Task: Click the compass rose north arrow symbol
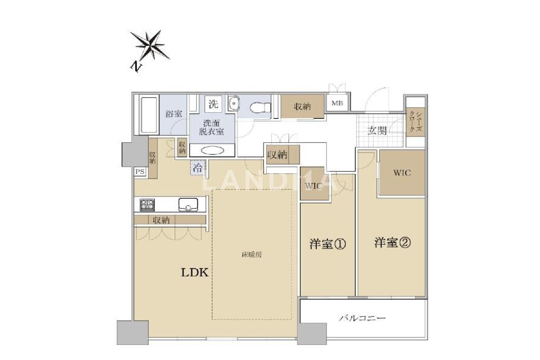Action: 150,45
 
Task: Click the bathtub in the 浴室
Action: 148,115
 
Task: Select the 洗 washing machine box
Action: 213,104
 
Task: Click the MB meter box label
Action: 337,103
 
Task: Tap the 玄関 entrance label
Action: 377,130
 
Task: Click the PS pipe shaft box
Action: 140,172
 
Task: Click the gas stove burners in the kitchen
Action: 147,204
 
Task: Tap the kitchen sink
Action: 188,204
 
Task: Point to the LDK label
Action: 194,273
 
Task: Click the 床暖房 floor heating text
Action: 252,255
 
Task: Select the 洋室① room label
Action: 328,244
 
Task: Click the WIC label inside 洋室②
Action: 402,173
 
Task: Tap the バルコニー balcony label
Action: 362,319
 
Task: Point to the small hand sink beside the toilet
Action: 233,103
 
